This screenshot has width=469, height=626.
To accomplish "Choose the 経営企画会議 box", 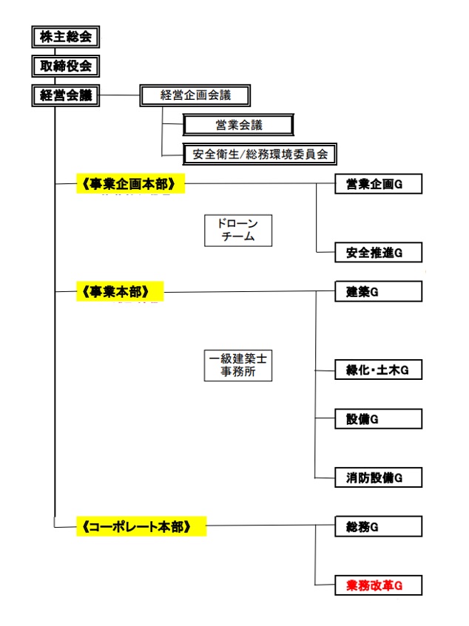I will tap(195, 95).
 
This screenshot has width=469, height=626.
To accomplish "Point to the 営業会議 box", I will tap(239, 125).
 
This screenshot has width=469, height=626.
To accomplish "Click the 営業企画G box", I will tap(379, 184).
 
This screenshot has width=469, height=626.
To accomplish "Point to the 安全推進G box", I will tap(379, 253).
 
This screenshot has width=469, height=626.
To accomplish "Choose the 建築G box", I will tap(379, 292).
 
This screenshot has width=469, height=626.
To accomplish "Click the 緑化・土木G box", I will tap(379, 371).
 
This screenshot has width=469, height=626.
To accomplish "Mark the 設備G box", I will tap(379, 419).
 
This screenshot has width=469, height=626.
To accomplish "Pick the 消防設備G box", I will tap(379, 477).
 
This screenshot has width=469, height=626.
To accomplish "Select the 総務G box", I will tap(379, 527).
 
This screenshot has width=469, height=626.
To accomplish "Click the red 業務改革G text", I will tap(374, 586).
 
